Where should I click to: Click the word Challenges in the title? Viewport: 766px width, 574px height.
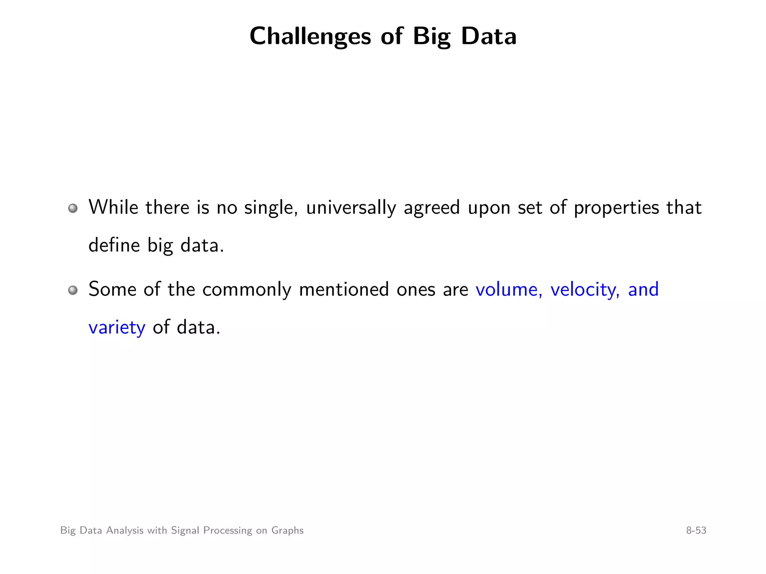tap(310, 37)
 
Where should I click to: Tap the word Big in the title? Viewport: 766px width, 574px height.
tap(432, 37)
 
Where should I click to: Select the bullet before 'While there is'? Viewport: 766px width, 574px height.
tap(73, 208)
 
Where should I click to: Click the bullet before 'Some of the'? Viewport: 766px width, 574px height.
tap(73, 290)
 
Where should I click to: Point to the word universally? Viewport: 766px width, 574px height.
tap(351, 208)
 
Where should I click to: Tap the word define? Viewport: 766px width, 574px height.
tap(114, 246)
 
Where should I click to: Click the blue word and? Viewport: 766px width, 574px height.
tap(643, 290)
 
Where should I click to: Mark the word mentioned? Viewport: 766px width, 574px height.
tap(344, 290)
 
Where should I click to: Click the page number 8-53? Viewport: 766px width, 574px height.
tap(696, 530)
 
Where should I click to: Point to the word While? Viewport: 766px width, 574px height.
tap(113, 207)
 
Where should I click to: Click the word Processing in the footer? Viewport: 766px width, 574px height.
tap(227, 531)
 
